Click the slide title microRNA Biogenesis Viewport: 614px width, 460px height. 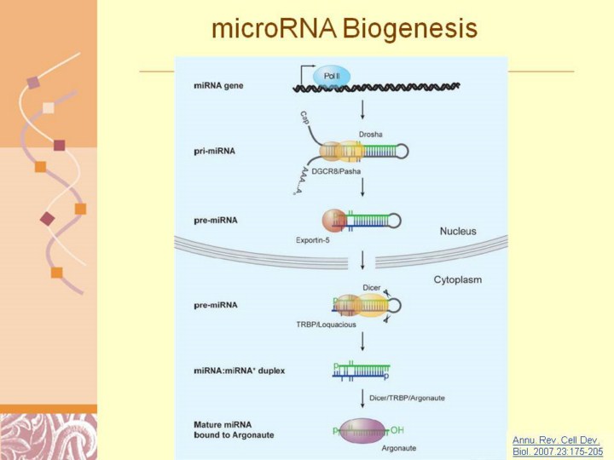(x=344, y=30)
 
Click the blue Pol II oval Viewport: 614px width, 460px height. (x=332, y=78)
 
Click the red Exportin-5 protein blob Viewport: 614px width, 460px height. (x=333, y=219)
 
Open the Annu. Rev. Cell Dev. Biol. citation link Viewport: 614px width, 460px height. (x=555, y=446)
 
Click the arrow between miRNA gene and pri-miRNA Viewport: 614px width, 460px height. (x=364, y=110)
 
